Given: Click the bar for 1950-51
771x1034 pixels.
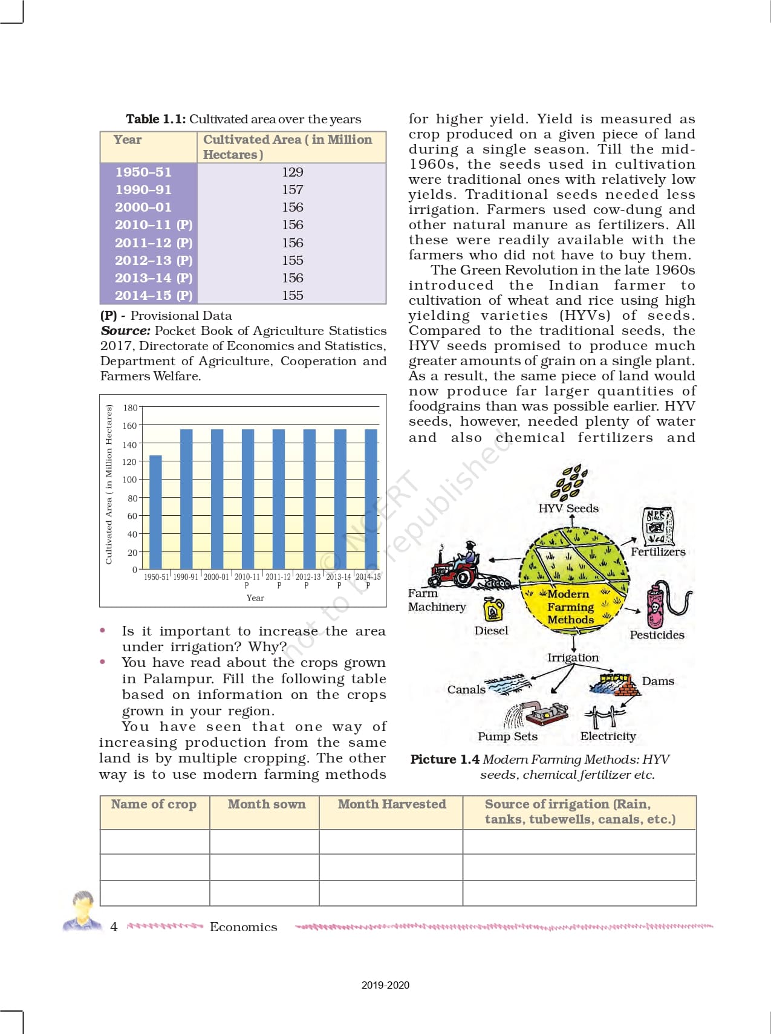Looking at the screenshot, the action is pyautogui.click(x=155, y=512).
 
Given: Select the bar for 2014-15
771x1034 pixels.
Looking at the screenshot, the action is pyautogui.click(x=371, y=499).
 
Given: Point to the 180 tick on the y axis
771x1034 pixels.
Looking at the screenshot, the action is pyautogui.click(x=130, y=408).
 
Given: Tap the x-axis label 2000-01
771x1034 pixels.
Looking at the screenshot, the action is pyautogui.click(x=216, y=577).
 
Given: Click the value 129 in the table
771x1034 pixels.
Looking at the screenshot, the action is pyautogui.click(x=293, y=172).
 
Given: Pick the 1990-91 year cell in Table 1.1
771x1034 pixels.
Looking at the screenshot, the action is pyautogui.click(x=143, y=190).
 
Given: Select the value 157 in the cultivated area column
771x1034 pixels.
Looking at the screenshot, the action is pyautogui.click(x=293, y=190).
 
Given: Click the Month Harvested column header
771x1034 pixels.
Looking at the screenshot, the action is pyautogui.click(x=392, y=804).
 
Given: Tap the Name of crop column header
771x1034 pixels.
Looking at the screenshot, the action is pyautogui.click(x=154, y=804).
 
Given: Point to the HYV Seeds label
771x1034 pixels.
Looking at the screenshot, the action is pyautogui.click(x=568, y=509).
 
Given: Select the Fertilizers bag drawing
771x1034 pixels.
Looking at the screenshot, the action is pyautogui.click(x=657, y=526).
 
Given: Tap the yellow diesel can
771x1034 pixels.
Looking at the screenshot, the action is pyautogui.click(x=493, y=610).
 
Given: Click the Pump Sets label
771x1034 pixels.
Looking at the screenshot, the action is pyautogui.click(x=507, y=736).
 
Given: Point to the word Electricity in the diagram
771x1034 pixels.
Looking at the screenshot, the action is pyautogui.click(x=608, y=736).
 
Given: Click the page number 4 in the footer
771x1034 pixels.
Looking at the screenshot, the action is pyautogui.click(x=114, y=927).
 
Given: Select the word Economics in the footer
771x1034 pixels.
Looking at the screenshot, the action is pyautogui.click(x=244, y=927).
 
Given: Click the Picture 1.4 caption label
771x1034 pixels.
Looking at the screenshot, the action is pyautogui.click(x=445, y=759).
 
